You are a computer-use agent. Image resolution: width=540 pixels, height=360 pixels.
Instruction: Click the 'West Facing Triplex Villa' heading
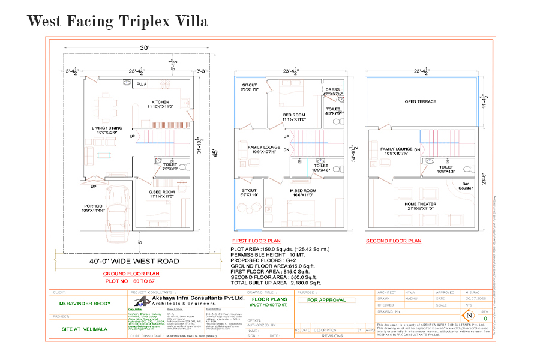click(x=118, y=22)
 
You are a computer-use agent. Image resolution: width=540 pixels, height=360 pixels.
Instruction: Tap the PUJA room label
click(x=141, y=85)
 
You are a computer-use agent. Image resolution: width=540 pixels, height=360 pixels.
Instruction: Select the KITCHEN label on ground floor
click(x=160, y=102)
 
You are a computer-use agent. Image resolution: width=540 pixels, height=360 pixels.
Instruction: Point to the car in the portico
click(x=113, y=207)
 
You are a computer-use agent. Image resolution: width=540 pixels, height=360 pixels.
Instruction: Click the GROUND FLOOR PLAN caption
click(x=131, y=274)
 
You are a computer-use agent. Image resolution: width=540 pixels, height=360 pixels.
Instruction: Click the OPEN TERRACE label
click(x=421, y=102)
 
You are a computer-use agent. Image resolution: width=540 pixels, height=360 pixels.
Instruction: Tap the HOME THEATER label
click(x=420, y=205)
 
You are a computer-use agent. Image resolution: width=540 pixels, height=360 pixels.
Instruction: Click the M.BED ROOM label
click(x=305, y=191)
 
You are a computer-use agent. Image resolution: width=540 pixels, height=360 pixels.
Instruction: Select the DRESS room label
click(x=332, y=90)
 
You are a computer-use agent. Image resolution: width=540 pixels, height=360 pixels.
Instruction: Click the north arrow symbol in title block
click(x=469, y=316)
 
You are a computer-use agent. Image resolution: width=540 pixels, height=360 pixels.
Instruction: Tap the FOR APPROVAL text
click(x=326, y=299)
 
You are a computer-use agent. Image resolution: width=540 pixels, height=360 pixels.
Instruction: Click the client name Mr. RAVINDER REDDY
click(x=85, y=304)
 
